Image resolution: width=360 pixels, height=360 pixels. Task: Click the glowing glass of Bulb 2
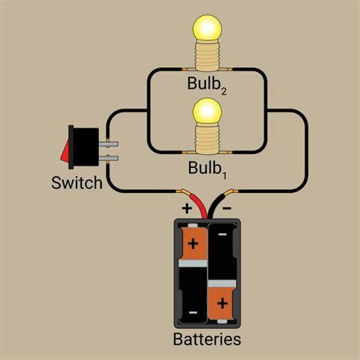click(206, 29)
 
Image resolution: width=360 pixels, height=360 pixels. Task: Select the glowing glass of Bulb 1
click(206, 112)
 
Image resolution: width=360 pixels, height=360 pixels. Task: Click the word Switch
click(77, 183)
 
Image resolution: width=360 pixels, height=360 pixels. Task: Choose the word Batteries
click(207, 339)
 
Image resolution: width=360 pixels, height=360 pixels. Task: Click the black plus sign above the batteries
click(185, 207)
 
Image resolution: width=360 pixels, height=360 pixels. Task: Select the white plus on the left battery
click(193, 245)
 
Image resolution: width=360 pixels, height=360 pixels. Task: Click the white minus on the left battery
click(193, 311)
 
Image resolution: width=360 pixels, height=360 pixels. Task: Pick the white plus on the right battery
click(223, 303)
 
